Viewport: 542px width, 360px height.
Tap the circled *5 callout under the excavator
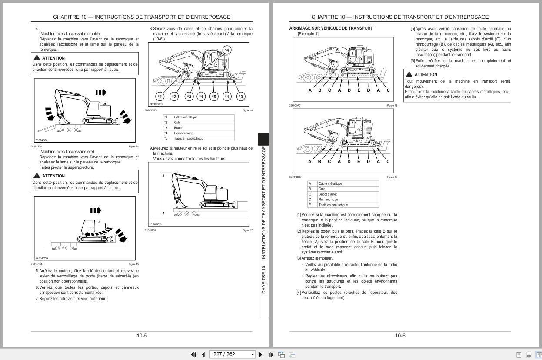214,96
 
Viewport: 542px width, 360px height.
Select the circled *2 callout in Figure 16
174,96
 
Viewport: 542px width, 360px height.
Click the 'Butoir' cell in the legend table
178,128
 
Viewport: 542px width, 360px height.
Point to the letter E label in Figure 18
359,90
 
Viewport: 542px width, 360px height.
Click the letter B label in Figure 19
319,162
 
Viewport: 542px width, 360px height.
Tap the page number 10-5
142,336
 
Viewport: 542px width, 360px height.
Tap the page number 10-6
400,336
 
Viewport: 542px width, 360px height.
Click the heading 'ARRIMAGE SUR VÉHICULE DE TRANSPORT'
331,28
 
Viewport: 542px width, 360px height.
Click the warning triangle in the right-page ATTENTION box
409,75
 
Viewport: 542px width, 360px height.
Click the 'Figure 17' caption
247,230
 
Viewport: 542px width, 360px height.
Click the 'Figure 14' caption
133,147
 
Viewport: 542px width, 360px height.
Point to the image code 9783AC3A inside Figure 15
42,258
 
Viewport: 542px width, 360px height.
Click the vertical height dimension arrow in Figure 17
163,193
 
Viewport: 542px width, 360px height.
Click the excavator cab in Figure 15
89,227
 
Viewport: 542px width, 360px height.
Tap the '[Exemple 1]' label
308,34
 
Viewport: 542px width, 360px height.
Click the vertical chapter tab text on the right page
263,220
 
